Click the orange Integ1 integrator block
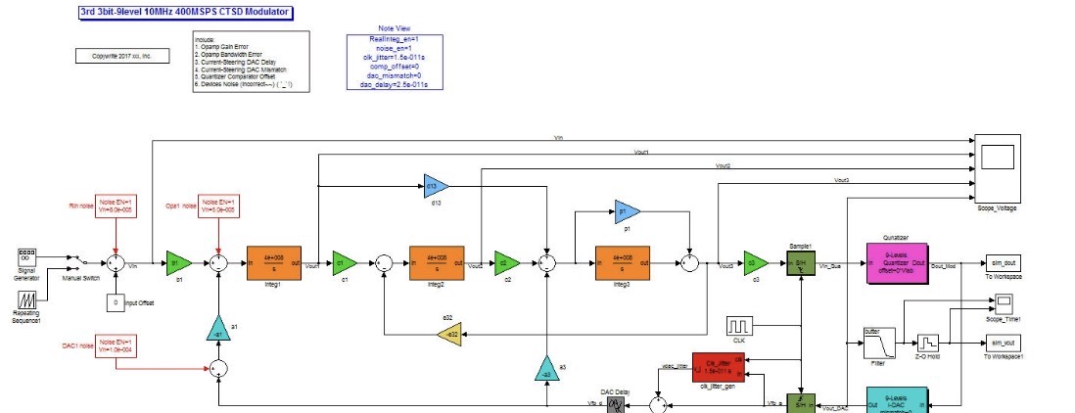point(273,262)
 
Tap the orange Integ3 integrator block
point(622,262)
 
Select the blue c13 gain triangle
point(434,184)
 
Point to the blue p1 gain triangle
point(625,210)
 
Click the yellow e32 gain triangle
point(448,335)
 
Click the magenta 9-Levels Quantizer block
point(895,262)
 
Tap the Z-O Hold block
point(926,343)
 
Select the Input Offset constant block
point(116,303)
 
